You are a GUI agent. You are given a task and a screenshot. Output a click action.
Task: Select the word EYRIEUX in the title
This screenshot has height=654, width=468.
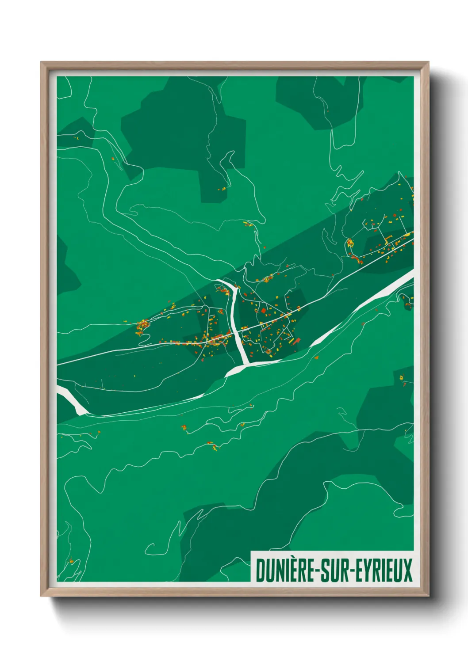pos(384,570)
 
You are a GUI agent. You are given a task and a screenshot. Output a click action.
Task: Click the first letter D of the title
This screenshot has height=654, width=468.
pos(260,570)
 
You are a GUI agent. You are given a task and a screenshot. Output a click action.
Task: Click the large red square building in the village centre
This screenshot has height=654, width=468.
pos(264,311)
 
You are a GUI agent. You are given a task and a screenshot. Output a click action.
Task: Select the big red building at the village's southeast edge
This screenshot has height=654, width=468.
pos(297,340)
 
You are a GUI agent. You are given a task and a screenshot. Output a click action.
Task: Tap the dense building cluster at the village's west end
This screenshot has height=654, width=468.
pos(142,327)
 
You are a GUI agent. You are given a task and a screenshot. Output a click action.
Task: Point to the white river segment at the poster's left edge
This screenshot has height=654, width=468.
pos(71,402)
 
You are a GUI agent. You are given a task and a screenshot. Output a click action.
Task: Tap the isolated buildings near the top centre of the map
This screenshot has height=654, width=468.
pos(222,189)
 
